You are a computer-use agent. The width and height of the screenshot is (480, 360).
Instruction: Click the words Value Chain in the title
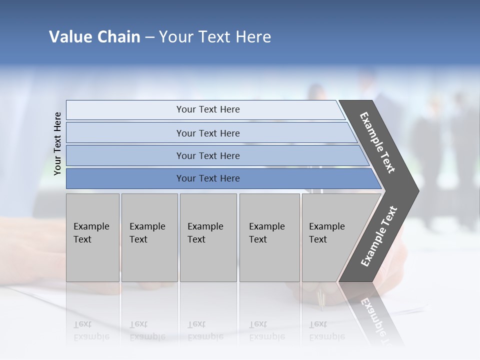tap(94, 37)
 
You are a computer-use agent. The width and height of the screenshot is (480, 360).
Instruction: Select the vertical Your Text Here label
tap(57, 143)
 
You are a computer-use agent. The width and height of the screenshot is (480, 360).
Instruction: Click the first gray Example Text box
tap(92, 237)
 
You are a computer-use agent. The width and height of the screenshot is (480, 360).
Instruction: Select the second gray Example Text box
tap(149, 237)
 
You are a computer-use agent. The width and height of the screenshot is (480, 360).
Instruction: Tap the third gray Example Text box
tap(208, 237)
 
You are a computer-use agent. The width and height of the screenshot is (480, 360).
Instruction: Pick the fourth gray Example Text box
tap(269, 237)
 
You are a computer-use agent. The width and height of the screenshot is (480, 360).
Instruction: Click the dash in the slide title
tap(149, 37)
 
